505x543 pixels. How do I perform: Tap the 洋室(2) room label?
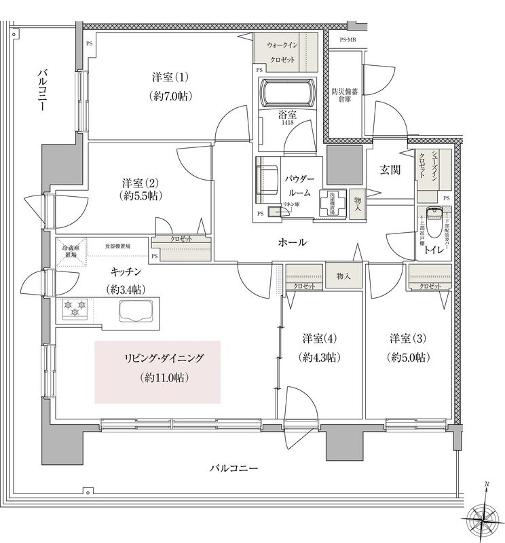(141, 183)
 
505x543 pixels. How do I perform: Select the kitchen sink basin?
(138, 311)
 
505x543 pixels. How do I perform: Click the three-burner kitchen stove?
(75, 309)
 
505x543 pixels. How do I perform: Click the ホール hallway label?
(292, 242)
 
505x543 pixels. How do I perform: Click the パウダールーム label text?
(300, 184)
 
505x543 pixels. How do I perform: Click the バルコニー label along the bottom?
(233, 468)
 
